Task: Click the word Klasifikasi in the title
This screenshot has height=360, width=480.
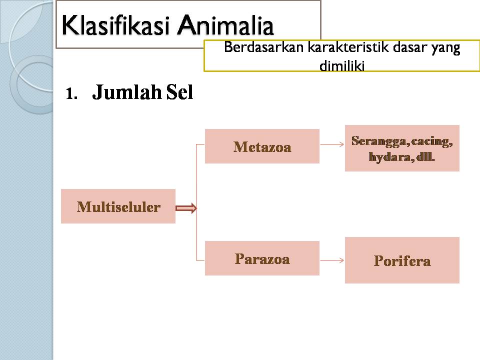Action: click(x=115, y=25)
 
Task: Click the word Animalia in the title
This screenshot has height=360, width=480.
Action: click(x=225, y=25)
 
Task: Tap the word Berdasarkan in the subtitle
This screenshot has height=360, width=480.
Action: click(x=263, y=47)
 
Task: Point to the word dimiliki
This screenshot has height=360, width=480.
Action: click(x=342, y=65)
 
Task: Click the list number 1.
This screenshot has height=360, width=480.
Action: click(x=71, y=93)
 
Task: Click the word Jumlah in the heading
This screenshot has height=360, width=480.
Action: click(x=126, y=92)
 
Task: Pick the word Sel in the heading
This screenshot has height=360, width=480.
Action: click(x=179, y=92)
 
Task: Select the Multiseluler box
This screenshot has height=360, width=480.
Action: click(x=118, y=206)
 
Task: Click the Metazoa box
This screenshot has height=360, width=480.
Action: click(x=262, y=146)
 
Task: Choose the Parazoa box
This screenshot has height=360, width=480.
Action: click(x=262, y=258)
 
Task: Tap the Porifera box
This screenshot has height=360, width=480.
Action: click(x=402, y=260)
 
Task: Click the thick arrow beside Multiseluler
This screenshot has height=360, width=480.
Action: click(x=186, y=208)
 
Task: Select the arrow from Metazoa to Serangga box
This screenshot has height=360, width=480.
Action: click(x=332, y=144)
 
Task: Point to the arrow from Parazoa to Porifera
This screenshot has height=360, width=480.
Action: click(x=332, y=260)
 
